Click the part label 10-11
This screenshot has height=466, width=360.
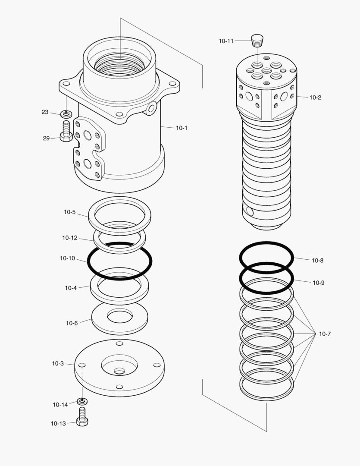(x=226, y=41)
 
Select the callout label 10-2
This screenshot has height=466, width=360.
(x=315, y=98)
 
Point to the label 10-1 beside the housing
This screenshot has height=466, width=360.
(x=182, y=128)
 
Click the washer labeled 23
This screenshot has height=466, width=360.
(x=66, y=114)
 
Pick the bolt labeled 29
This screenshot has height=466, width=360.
(x=66, y=131)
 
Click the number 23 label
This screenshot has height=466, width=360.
(x=45, y=112)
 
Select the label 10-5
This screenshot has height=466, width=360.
(x=70, y=212)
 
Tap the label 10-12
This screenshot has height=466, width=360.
(x=70, y=238)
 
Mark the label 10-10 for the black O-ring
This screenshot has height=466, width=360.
(x=67, y=258)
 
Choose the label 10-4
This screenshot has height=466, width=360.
(x=71, y=288)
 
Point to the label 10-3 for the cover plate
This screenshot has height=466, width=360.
(x=58, y=364)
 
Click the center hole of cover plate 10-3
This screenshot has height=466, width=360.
(x=119, y=371)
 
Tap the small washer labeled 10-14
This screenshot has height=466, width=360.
(x=82, y=401)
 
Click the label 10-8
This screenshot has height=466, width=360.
(x=318, y=260)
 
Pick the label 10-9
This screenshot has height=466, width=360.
(x=319, y=283)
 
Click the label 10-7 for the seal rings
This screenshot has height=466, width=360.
(x=325, y=334)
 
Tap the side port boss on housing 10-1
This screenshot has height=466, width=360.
(x=151, y=108)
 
